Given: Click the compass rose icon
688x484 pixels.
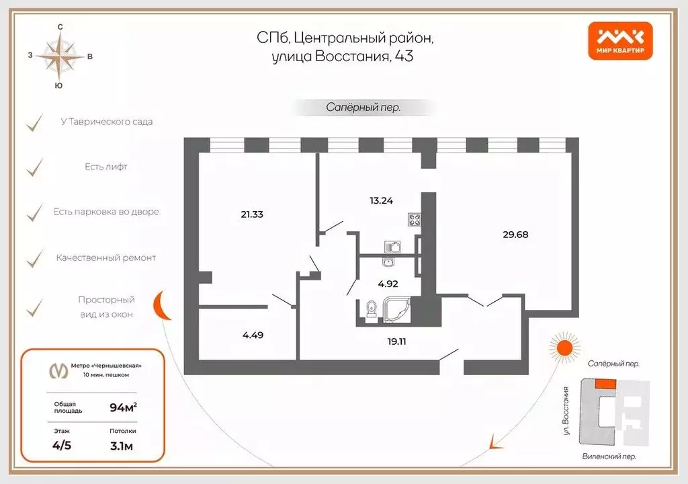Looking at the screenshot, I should (60, 56).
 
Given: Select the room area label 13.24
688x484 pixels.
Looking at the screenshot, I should (381, 200).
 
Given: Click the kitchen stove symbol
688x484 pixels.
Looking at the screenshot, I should (413, 219).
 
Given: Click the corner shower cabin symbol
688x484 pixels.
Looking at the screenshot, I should (396, 309).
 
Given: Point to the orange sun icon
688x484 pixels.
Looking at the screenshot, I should (562, 347).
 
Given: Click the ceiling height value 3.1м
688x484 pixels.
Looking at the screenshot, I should (123, 445).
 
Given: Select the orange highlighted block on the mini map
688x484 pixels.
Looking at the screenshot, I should (605, 382).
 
